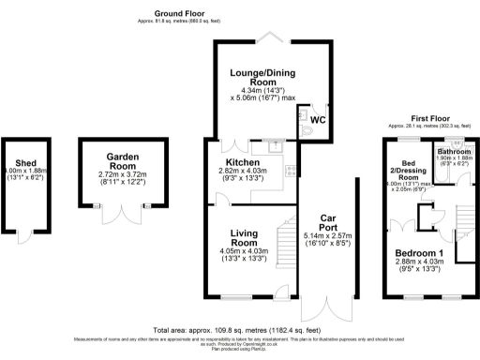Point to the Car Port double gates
pyautogui.click(x=326, y=310)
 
